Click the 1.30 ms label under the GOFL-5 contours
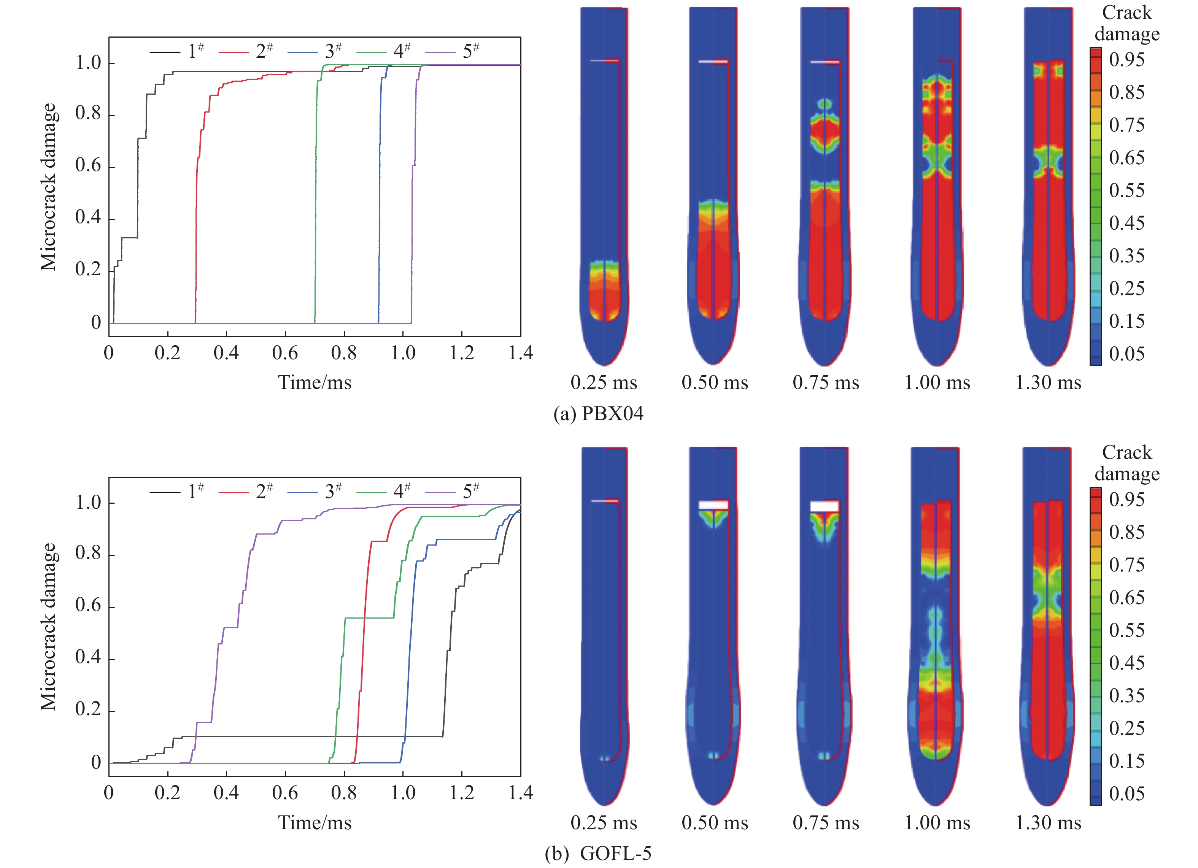[x=1048, y=823]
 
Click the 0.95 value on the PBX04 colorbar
[x=1127, y=60]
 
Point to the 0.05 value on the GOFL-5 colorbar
[x=1127, y=793]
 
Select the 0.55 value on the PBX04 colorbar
[x=1127, y=190]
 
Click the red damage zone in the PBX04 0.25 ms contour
[x=604, y=298]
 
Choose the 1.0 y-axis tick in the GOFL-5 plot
[x=88, y=503]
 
